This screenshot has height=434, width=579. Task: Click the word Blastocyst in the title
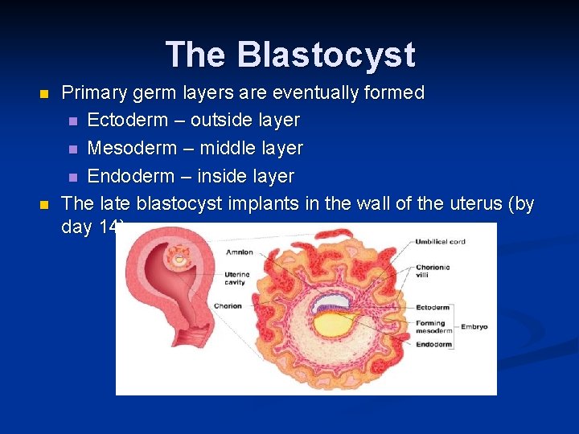[326, 55]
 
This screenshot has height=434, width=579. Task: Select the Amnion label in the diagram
[238, 252]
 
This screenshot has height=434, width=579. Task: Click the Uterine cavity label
[236, 278]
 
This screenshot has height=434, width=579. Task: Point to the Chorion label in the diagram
[228, 305]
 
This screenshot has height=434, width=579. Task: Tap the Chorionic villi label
[432, 272]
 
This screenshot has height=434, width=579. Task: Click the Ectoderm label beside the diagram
[433, 307]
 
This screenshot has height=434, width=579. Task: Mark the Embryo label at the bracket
[474, 327]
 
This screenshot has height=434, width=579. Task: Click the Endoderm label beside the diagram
[433, 345]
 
